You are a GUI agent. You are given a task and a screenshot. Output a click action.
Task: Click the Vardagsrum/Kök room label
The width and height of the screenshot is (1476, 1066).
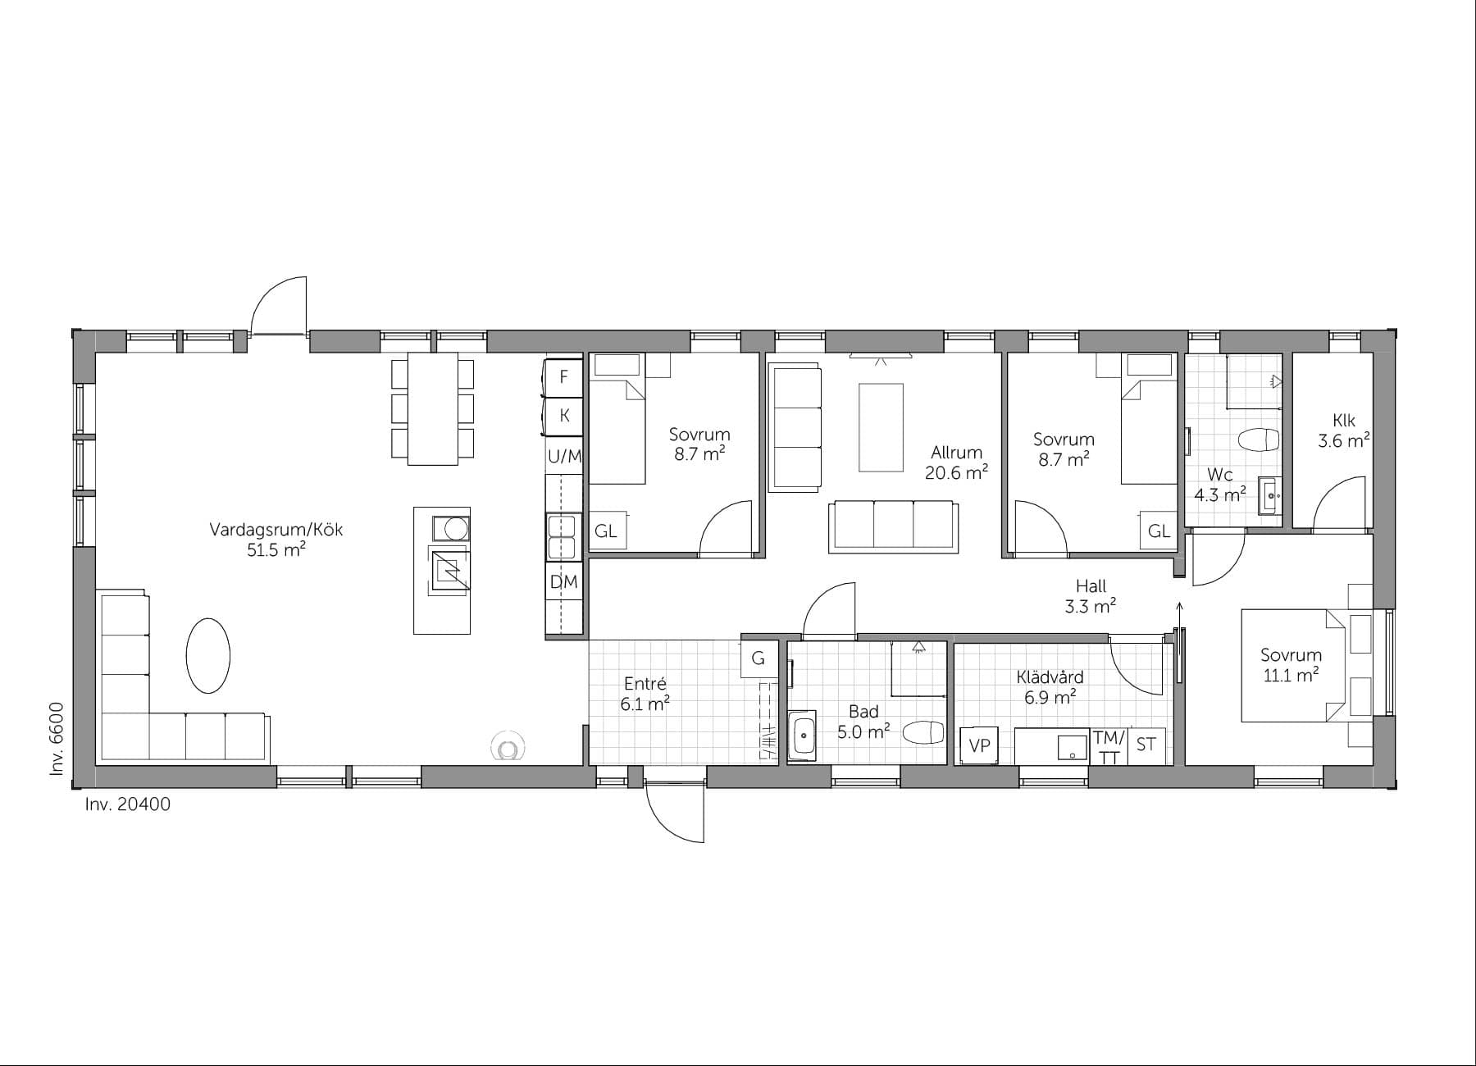click(x=276, y=539)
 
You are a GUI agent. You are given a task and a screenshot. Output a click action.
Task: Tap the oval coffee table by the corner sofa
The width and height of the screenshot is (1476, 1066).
click(x=207, y=656)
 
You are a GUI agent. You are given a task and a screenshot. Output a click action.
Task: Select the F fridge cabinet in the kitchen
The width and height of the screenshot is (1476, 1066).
click(x=563, y=377)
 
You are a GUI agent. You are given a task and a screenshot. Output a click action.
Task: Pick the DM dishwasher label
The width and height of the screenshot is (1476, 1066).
click(x=563, y=582)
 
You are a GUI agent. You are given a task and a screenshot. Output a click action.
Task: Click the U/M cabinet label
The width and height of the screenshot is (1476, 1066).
click(x=564, y=457)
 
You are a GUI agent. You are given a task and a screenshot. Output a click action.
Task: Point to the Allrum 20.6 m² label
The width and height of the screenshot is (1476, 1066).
click(x=955, y=462)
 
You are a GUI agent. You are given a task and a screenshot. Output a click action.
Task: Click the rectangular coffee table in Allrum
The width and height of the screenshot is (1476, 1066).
click(x=881, y=427)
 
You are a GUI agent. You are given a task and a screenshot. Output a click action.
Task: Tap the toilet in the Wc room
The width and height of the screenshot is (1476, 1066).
click(x=1259, y=440)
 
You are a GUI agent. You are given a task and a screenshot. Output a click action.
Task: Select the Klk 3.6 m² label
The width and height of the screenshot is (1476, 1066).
click(x=1343, y=430)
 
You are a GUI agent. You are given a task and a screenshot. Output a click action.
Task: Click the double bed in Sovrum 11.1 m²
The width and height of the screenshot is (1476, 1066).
click(x=1291, y=665)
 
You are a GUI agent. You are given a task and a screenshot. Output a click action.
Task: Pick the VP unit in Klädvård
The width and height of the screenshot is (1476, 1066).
click(x=980, y=745)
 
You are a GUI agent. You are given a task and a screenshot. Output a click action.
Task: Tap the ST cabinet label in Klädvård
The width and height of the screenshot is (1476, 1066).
click(x=1146, y=745)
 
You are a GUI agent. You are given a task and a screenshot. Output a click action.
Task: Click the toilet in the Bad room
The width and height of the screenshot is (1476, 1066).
click(x=923, y=731)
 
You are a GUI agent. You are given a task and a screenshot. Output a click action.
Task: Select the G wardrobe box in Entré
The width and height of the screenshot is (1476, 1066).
click(x=758, y=658)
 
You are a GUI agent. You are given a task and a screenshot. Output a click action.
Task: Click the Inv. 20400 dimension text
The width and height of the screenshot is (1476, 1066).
click(x=128, y=804)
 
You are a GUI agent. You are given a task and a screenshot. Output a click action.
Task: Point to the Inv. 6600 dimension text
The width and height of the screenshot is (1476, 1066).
click(x=57, y=738)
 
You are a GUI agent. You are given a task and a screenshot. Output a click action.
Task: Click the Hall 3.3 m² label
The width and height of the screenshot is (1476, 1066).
click(x=1091, y=596)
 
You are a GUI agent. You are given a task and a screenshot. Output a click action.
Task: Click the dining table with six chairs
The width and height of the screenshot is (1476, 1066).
click(x=432, y=408)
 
